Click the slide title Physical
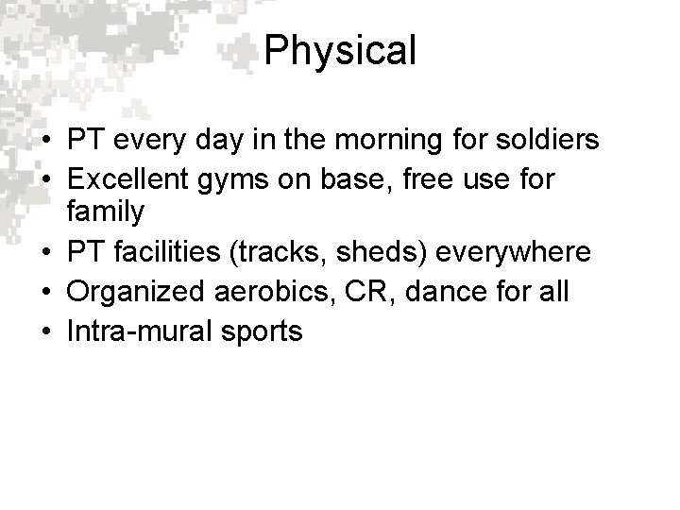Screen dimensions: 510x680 tap(340, 51)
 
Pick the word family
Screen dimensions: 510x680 tap(105, 212)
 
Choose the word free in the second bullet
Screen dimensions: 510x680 tap(449, 177)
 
